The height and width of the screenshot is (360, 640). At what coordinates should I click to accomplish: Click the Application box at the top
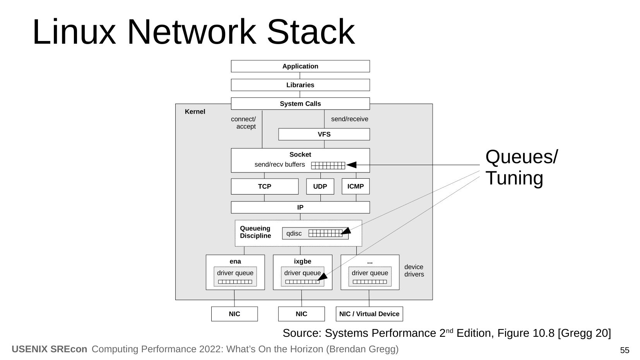click(300, 66)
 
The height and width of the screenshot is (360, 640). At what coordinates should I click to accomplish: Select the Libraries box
click(300, 85)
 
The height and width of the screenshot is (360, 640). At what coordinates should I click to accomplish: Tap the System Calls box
click(300, 104)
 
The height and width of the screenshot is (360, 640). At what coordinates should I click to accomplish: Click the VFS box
click(324, 134)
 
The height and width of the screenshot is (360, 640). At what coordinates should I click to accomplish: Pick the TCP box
click(265, 186)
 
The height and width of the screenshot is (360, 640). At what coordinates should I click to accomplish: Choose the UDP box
click(320, 186)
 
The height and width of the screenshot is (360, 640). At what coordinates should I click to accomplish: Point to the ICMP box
click(356, 186)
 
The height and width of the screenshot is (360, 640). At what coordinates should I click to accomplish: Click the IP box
click(300, 207)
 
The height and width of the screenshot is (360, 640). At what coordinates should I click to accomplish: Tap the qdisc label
click(294, 234)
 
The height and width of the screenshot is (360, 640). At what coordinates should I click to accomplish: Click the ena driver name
click(235, 261)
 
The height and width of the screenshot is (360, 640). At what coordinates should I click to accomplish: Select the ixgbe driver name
click(303, 261)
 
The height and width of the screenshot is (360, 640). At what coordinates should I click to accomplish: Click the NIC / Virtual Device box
click(369, 314)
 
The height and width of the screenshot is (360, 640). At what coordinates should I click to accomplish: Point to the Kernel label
click(195, 112)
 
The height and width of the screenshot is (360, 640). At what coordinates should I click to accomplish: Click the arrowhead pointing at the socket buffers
click(351, 165)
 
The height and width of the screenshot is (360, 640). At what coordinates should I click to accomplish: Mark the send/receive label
click(349, 119)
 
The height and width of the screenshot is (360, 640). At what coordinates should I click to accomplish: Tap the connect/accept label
click(244, 123)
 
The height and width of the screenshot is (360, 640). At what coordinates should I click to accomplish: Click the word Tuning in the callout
click(514, 178)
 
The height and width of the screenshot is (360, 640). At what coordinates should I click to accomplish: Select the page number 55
click(625, 350)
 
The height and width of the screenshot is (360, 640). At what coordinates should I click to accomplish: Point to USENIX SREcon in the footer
click(50, 349)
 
